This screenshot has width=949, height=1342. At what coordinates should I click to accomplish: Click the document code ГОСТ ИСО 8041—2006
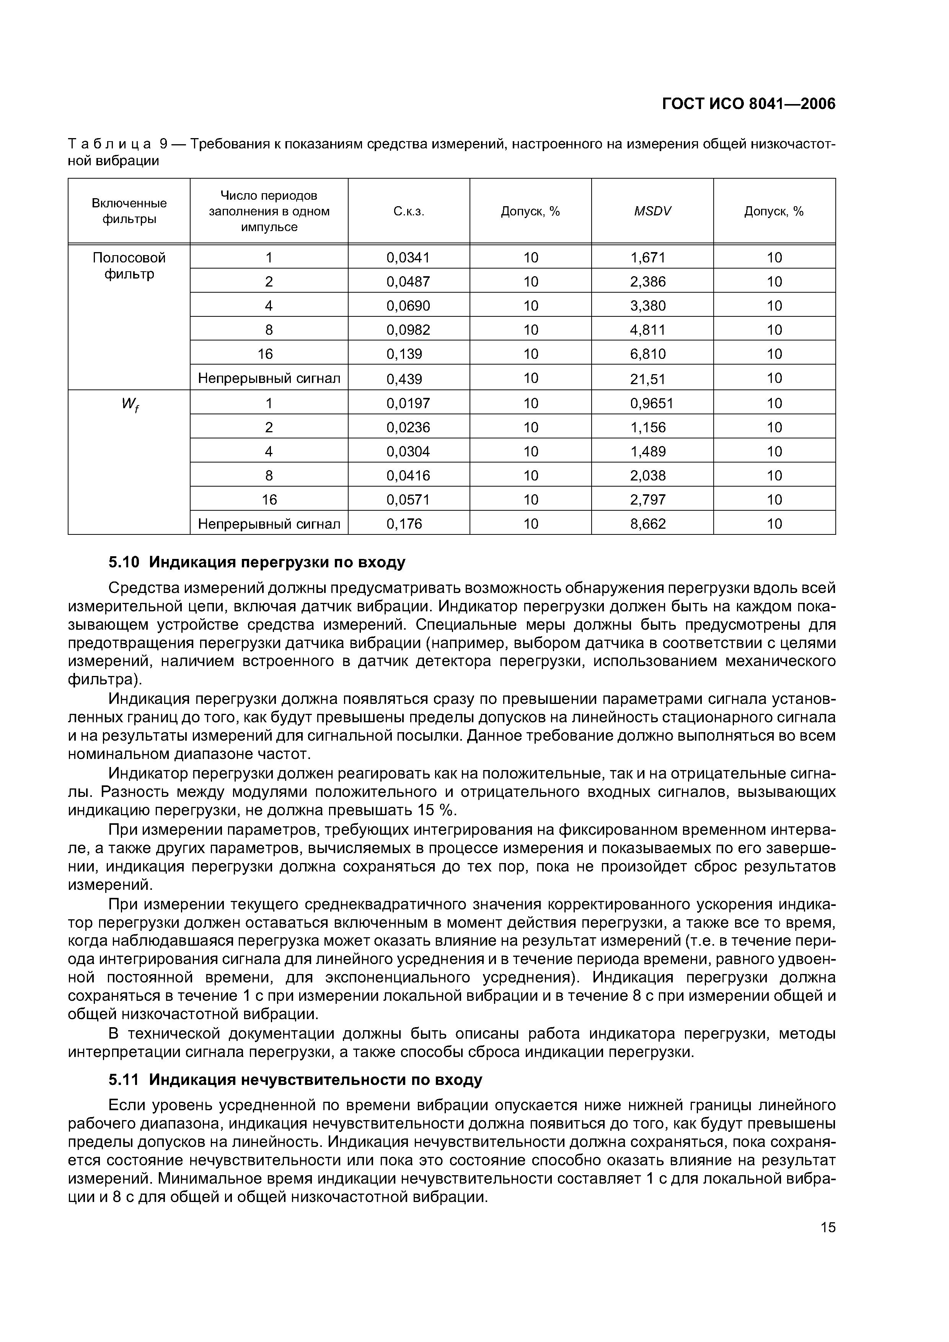click(x=748, y=104)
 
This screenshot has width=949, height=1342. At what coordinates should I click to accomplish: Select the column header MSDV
click(x=652, y=211)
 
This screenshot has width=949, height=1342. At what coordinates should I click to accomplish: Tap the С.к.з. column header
click(x=408, y=211)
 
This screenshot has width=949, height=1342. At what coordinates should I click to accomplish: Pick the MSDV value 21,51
click(x=648, y=379)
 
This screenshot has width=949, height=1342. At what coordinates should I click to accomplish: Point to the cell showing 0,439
click(x=404, y=379)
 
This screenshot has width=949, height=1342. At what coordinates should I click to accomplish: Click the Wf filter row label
click(x=130, y=404)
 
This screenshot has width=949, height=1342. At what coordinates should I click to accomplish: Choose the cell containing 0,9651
click(x=651, y=403)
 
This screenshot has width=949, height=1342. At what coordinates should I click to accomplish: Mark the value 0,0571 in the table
click(x=408, y=499)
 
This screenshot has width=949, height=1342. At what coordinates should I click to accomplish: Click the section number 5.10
click(x=124, y=562)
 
